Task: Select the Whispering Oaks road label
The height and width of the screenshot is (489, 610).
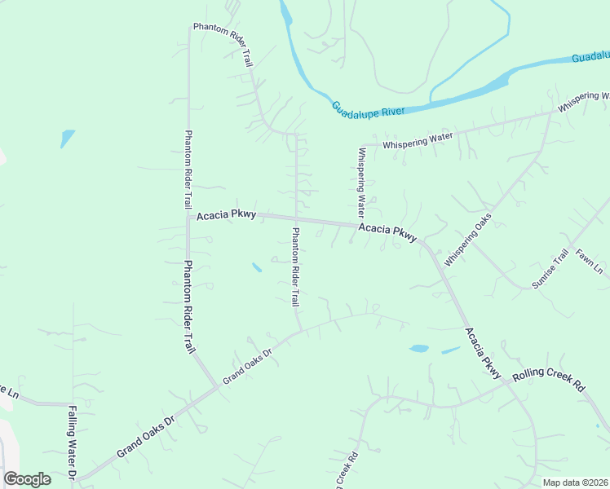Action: [468, 240]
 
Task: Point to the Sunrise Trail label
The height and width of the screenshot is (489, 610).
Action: [550, 270]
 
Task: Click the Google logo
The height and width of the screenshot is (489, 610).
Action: [27, 479]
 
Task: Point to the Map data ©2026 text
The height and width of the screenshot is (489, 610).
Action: [575, 482]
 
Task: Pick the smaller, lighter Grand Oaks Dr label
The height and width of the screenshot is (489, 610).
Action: [246, 363]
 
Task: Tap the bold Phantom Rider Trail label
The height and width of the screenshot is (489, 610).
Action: [188, 306]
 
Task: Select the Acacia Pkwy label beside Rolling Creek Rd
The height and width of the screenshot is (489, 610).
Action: [482, 353]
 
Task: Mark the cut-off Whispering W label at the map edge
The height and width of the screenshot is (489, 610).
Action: [583, 102]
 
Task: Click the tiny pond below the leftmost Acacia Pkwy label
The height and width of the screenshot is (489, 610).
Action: [257, 267]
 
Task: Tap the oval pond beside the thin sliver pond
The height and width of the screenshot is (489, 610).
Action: [418, 348]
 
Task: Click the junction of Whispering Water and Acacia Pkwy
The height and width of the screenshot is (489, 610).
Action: [360, 226]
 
